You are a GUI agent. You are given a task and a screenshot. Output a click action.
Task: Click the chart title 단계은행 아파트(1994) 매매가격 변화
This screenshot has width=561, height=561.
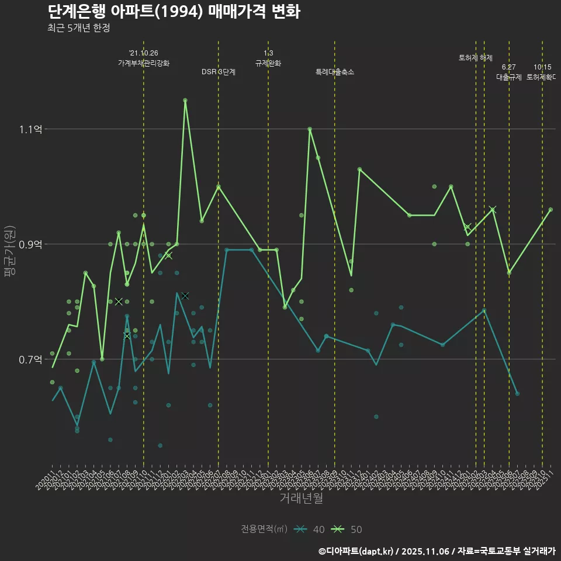pos(174,12)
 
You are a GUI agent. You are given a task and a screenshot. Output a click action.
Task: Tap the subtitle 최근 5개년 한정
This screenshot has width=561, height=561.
pos(78,27)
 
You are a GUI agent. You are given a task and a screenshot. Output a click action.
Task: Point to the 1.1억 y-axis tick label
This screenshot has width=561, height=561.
pos(30,129)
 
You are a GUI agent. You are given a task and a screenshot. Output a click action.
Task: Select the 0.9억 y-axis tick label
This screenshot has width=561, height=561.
pos(30,244)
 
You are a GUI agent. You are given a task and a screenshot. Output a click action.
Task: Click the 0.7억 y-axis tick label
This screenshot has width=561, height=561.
pos(30,359)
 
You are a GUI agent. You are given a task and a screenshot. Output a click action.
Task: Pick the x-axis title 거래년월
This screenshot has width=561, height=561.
pos(301,498)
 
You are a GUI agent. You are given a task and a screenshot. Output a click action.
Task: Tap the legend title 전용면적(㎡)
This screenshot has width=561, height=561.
pos(264,529)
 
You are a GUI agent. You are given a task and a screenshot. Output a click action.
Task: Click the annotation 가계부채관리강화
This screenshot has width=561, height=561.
pos(144,63)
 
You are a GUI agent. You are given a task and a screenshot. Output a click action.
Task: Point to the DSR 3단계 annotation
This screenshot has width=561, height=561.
pos(219,72)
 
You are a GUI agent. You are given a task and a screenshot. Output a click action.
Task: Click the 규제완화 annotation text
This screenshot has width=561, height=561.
pos(268,63)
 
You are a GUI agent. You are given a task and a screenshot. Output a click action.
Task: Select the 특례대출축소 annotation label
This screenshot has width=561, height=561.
pos(335,72)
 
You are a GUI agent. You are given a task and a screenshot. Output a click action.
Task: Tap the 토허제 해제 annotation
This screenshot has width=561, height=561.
pos(476,58)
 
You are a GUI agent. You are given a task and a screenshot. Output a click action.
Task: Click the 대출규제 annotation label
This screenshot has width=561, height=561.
pos(509,77)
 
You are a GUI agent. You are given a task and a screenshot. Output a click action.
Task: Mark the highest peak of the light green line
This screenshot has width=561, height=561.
pos(185,101)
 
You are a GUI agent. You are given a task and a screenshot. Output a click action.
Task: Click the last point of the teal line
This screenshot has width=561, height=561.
pos(517,394)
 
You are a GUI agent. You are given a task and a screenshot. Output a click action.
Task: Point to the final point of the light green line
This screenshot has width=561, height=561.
pos(550,210)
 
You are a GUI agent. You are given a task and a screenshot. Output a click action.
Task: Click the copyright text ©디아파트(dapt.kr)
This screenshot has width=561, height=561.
pos(357,550)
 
